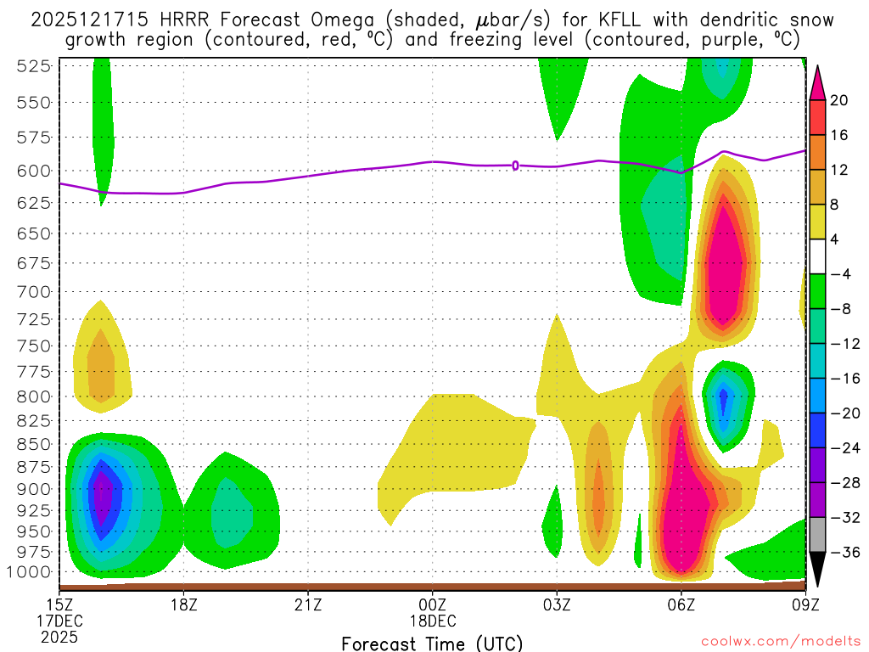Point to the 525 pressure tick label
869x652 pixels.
coord(31,66)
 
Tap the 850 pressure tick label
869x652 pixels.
coord(31,444)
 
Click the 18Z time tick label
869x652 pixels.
coord(184,604)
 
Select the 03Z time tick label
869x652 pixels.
coord(557,604)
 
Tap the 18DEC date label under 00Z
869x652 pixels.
coord(433,620)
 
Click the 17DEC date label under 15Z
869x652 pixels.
coord(59,620)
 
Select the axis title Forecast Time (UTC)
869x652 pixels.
coord(432,643)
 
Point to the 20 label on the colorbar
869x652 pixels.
coord(839,100)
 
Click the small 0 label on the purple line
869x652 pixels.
coord(515,166)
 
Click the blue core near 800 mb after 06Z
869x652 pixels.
coord(723,397)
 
